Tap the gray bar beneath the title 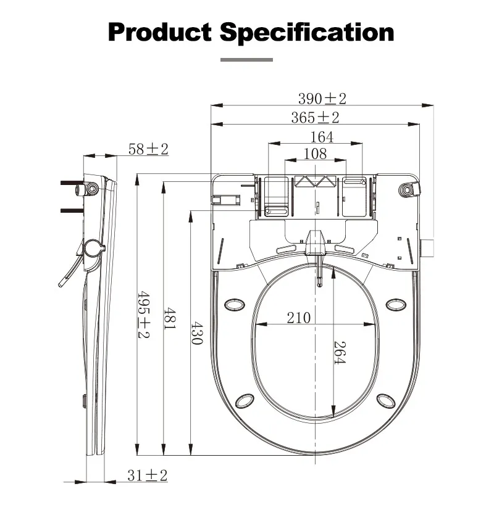click(247, 60)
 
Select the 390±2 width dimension click(322, 99)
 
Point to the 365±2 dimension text click(315, 117)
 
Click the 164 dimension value click(321, 136)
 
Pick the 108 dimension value click(315, 154)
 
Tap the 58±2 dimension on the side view click(148, 149)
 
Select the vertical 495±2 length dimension click(143, 316)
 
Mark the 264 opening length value click(340, 352)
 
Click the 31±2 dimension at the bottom click(148, 475)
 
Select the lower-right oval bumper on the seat click(386, 401)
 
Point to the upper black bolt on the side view click(71, 184)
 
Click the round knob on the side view click(94, 248)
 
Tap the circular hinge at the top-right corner click(408, 189)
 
